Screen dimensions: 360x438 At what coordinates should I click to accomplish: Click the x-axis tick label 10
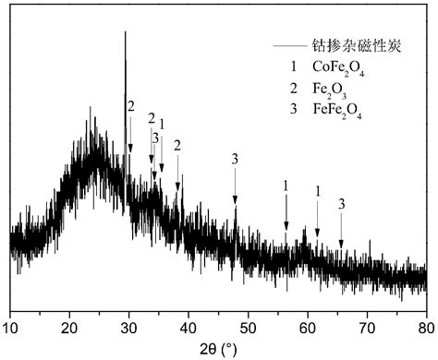coord(11,328)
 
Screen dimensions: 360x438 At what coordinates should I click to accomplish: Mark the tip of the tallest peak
coord(126,32)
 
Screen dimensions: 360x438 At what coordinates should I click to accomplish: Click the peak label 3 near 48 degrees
coord(236,160)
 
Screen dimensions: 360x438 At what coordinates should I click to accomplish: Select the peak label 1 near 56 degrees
coord(286,186)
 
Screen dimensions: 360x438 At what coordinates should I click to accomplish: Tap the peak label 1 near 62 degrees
coord(318,190)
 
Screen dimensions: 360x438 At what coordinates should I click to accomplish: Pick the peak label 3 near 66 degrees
coord(342,203)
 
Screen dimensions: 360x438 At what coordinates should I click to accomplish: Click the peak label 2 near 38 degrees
coord(177,145)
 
